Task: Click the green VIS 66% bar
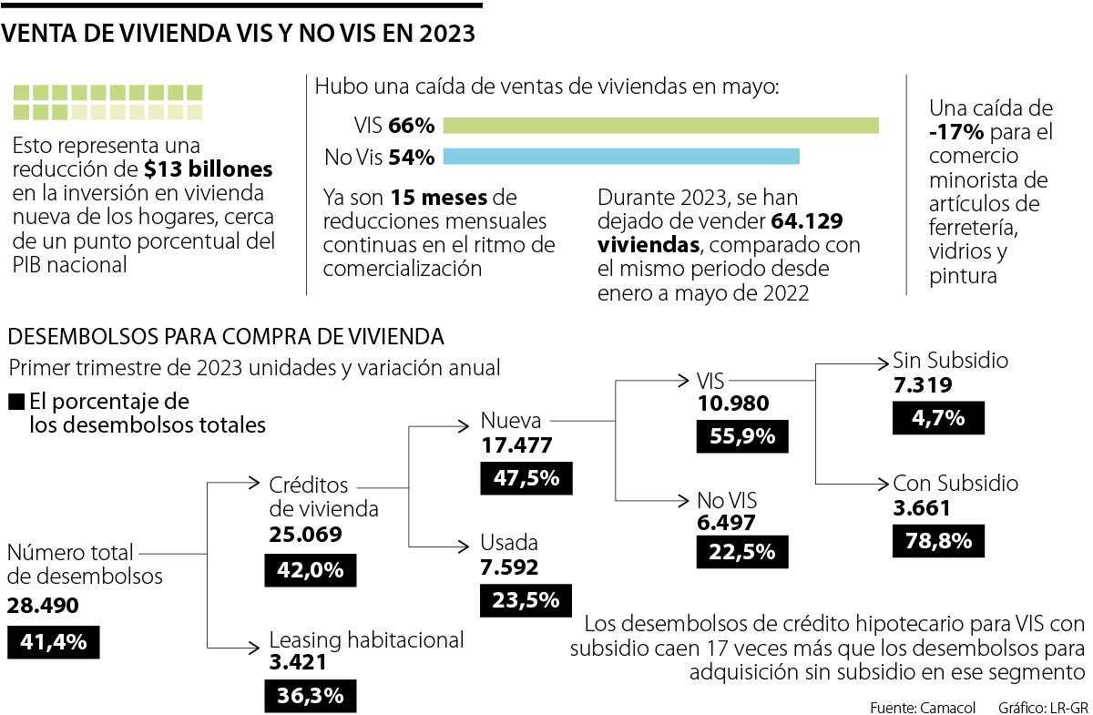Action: (660, 126)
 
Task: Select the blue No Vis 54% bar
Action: (621, 157)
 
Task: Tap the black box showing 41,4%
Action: (53, 642)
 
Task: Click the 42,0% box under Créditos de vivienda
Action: (311, 570)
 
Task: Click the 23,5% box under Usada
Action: (526, 599)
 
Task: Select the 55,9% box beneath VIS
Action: (743, 436)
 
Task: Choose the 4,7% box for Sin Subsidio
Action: (940, 418)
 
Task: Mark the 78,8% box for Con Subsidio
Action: (940, 540)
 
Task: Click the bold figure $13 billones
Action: (209, 169)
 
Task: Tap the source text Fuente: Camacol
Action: (924, 706)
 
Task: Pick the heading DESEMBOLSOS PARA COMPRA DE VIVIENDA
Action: (226, 336)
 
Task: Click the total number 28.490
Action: (43, 606)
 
